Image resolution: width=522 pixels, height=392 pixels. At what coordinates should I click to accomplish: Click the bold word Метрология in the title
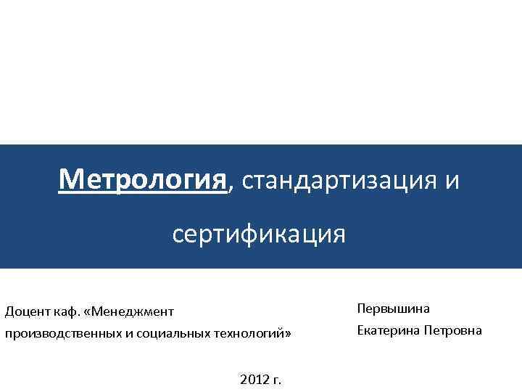(143, 179)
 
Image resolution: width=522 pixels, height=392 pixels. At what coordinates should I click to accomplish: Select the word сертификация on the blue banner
(259, 234)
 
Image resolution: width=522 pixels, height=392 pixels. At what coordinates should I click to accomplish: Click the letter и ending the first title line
(452, 180)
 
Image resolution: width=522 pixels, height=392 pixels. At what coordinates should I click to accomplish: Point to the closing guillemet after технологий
(287, 335)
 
